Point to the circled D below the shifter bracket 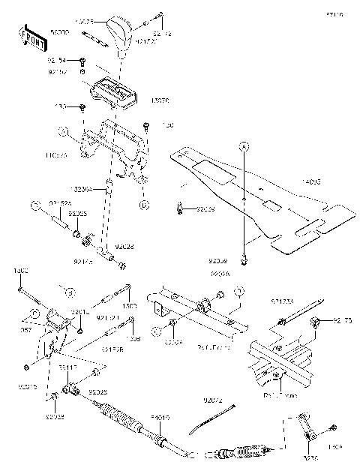145,203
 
